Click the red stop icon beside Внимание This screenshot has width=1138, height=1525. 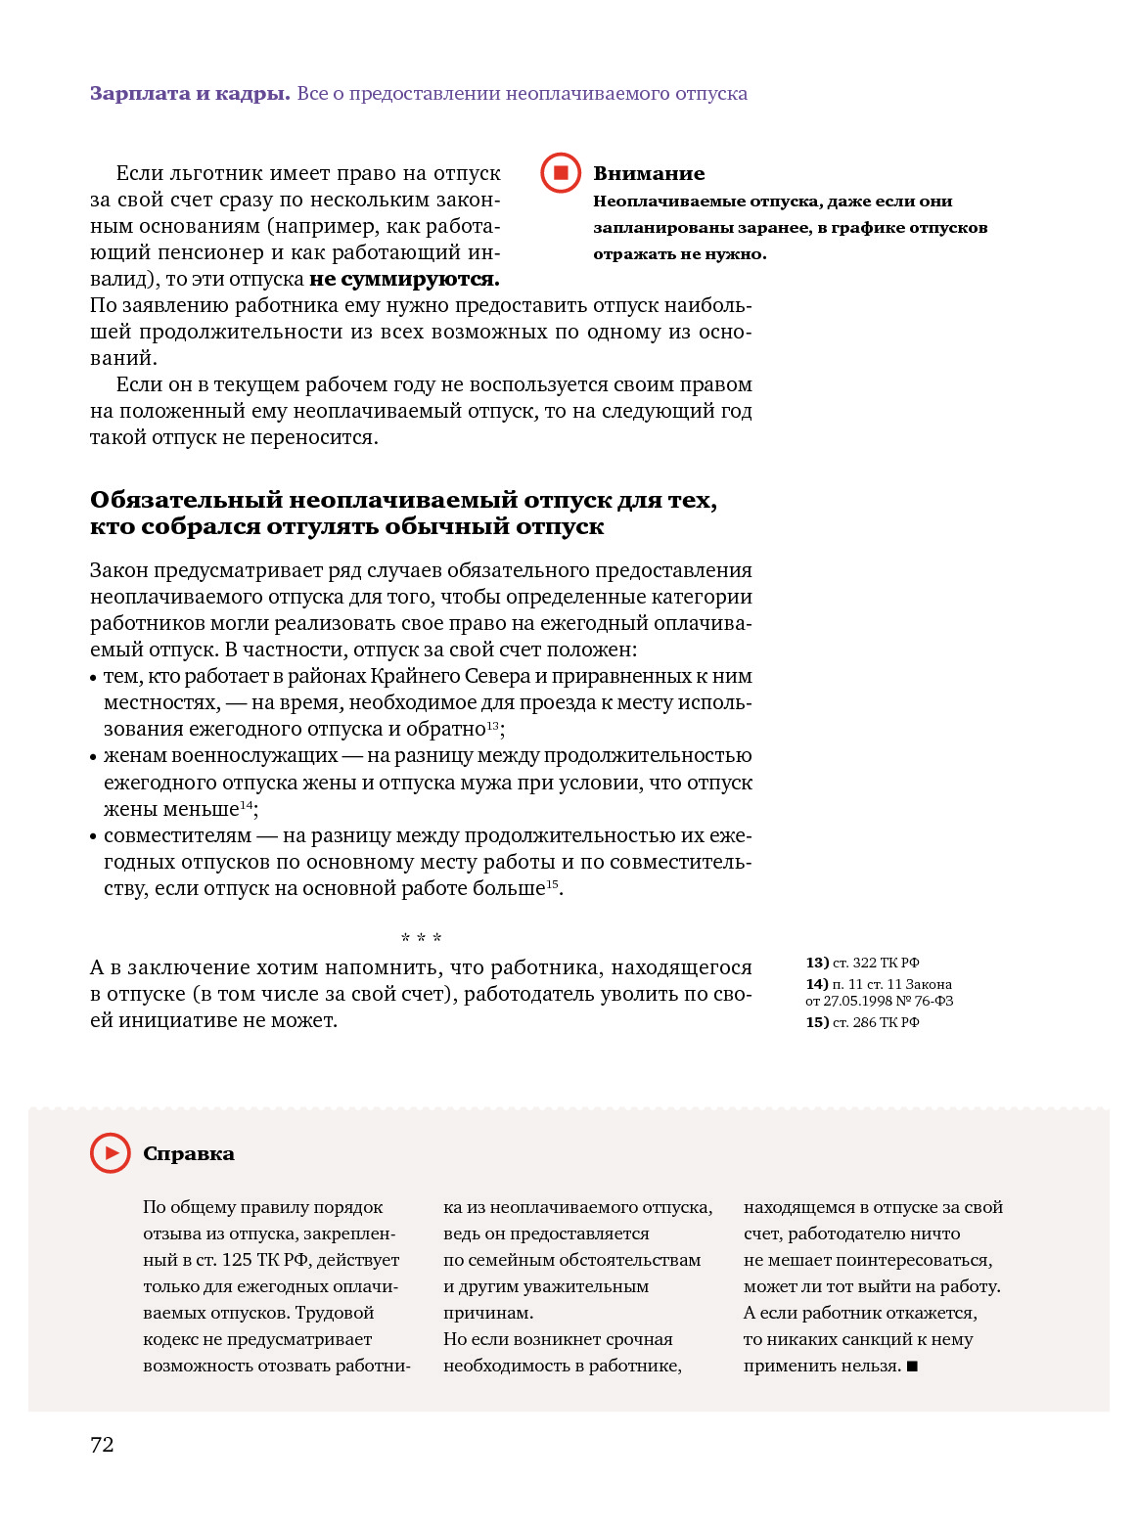[x=561, y=173]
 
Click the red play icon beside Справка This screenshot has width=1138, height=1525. [x=111, y=1153]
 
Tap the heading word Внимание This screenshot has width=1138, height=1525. [x=649, y=173]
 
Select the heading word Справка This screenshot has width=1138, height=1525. [x=189, y=1154]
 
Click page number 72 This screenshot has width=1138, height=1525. [x=102, y=1445]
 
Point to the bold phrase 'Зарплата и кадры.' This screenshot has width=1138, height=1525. [x=190, y=94]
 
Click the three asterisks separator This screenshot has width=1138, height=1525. [x=421, y=939]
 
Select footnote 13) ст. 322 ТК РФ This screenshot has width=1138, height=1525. [x=862, y=963]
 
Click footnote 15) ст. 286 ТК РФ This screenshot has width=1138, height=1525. [x=862, y=1022]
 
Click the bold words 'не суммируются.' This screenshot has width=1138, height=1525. [x=404, y=280]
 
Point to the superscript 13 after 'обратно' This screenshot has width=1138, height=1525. [x=493, y=725]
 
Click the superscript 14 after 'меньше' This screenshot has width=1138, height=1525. [x=247, y=805]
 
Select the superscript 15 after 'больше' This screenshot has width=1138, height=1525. [x=552, y=884]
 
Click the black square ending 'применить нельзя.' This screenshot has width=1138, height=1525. [x=912, y=1367]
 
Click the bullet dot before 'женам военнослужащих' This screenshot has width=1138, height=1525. [x=94, y=757]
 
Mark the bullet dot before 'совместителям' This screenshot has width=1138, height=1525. [x=94, y=837]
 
